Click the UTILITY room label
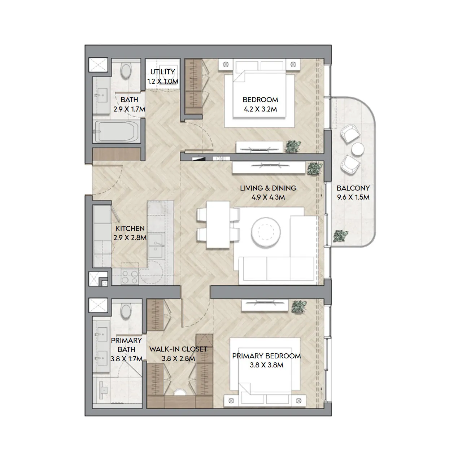162,72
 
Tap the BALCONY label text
353,188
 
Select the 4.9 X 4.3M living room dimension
268,197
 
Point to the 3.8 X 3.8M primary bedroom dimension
266,365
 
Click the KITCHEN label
130,228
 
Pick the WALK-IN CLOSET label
178,349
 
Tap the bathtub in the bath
115,131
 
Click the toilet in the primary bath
126,311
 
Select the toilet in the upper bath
126,70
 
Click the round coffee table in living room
266,232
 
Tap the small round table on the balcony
358,149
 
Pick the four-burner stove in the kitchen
130,277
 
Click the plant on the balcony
340,236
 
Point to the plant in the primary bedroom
299,307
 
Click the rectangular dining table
218,225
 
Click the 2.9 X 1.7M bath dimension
130,109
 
